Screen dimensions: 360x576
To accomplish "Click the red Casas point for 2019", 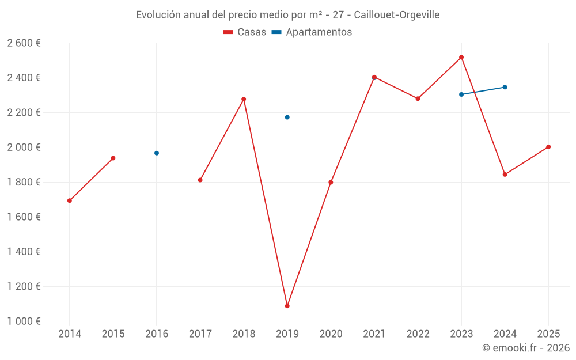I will [287, 306].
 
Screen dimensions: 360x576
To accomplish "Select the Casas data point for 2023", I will [461, 57].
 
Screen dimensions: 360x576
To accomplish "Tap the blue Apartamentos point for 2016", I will [157, 153].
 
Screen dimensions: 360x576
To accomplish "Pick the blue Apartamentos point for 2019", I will [287, 117].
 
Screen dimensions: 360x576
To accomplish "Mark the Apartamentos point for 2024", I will [505, 87].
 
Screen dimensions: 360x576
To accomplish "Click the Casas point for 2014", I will [70, 200].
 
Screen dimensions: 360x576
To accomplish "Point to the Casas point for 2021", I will [374, 77].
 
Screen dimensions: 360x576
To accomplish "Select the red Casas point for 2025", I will [548, 147].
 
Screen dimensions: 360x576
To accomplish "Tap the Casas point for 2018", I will [244, 99].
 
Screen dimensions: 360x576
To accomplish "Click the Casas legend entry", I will [245, 32].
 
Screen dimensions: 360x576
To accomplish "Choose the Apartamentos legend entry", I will [312, 32].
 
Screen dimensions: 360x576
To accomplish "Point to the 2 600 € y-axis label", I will [24, 43].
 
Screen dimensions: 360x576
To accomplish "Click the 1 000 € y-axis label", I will [24, 321].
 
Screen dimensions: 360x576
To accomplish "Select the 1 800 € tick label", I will [24, 182].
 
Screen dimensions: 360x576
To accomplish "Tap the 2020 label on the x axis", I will [331, 334].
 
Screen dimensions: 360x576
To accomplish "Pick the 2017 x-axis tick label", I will [200, 334].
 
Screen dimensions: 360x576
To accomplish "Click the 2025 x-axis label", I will [548, 334].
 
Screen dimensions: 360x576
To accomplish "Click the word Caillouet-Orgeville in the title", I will [397, 14].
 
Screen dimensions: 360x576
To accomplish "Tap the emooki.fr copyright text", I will [526, 348].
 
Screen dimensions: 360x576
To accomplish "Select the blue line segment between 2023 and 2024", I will [483, 90].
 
